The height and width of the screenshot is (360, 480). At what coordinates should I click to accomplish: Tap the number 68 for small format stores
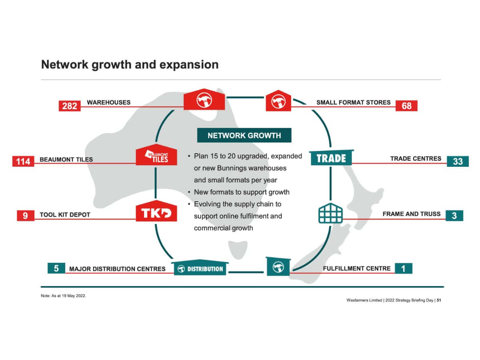pos(406,106)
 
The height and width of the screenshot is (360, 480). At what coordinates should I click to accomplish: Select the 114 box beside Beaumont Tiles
pos(23,161)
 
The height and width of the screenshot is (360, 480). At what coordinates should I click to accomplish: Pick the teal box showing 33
pos(458,161)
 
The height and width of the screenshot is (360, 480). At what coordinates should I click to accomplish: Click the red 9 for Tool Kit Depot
pos(25,216)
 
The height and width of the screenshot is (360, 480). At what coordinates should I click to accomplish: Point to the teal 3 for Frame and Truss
pos(454,216)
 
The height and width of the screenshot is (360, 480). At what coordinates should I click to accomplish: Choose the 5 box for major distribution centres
pos(56,268)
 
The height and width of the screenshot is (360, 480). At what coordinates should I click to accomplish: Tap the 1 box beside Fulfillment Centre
pos(403,268)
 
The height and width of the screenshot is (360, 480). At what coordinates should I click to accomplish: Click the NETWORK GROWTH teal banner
pos(244,135)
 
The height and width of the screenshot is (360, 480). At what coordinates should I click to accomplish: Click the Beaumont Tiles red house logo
pos(156,155)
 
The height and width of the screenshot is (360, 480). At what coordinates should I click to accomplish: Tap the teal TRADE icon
pos(331,158)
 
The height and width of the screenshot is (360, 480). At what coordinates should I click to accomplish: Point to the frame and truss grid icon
pos(330,214)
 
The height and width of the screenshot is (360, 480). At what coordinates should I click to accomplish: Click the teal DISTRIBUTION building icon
pos(200,268)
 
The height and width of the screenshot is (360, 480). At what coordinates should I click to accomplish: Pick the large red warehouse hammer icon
pos(204,100)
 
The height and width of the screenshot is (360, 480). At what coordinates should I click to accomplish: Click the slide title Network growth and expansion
pos(130,64)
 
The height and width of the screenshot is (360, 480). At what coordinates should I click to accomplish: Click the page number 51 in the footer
pos(439,300)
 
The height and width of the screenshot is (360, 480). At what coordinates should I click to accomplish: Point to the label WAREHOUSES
pos(108,102)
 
